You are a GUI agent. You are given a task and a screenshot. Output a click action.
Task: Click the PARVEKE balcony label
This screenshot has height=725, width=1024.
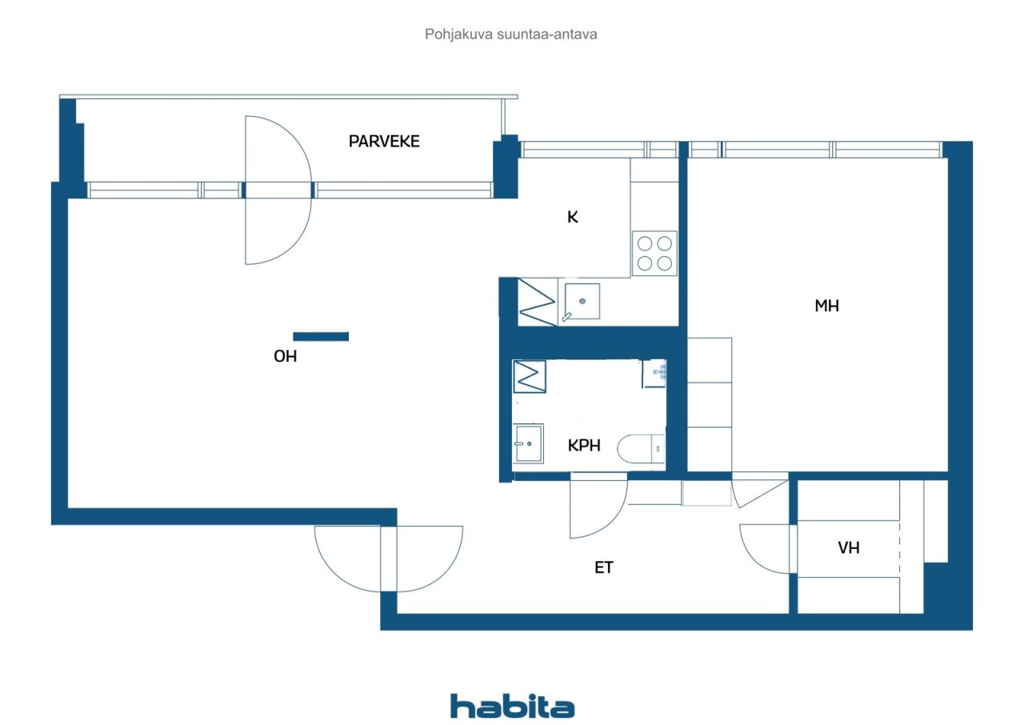384,142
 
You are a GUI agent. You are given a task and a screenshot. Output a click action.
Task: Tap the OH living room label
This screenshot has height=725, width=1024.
286,356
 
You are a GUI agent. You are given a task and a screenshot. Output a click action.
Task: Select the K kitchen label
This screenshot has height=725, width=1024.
572,217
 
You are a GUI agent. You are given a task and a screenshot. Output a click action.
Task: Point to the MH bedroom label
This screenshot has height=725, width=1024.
826,306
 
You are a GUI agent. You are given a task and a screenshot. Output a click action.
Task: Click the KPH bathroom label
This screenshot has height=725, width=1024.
584,445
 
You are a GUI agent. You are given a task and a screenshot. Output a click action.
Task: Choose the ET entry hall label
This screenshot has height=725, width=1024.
603,567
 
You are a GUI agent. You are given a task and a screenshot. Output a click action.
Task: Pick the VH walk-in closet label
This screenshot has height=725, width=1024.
849,547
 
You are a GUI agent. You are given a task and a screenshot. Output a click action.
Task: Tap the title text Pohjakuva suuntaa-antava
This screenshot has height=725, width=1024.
510,34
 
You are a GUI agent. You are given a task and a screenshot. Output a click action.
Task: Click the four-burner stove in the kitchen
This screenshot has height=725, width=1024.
654,253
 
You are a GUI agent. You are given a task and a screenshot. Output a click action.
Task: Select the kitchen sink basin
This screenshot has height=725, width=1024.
582,301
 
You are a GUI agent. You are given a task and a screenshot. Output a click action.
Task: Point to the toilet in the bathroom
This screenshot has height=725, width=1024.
641,449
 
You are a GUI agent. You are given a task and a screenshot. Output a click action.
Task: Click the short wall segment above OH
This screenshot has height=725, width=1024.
321,336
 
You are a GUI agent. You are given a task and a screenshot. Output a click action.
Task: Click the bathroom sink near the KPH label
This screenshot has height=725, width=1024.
529,443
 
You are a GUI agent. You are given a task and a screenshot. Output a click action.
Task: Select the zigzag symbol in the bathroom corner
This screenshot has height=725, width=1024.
530,377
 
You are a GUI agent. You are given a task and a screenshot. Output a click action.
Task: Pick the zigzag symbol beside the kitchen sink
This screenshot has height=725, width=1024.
537,302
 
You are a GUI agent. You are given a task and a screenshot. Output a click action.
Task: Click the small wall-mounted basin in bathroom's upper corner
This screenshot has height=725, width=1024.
654,374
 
